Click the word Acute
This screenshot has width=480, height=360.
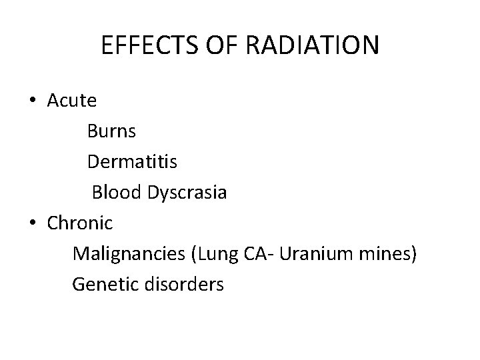[x=72, y=101]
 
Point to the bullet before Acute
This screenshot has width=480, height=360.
[x=33, y=101]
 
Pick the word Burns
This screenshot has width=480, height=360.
[x=111, y=131]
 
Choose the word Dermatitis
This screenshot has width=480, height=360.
[x=132, y=162]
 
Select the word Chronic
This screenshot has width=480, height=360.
[x=80, y=223]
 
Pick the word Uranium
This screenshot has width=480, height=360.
[x=313, y=254]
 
